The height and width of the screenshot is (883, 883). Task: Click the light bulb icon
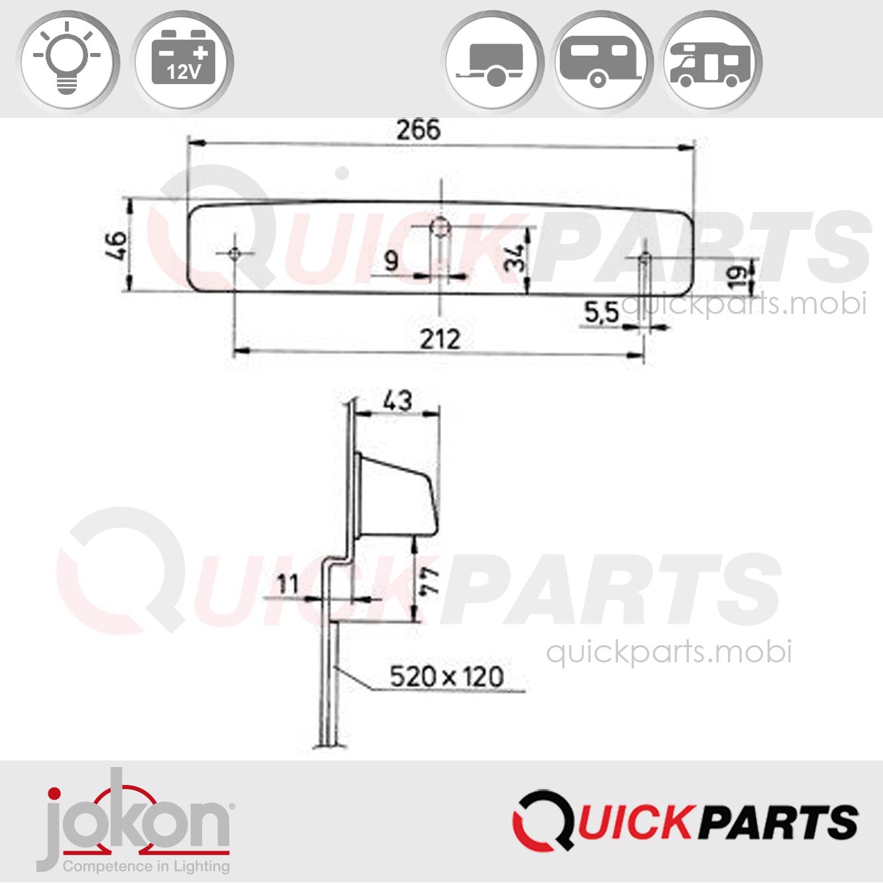click(x=67, y=60)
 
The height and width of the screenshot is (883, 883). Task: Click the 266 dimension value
click(x=417, y=130)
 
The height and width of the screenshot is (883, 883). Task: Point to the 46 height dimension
click(x=117, y=245)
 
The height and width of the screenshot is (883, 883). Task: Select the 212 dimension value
click(x=440, y=339)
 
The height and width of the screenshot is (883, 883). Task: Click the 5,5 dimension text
click(x=601, y=312)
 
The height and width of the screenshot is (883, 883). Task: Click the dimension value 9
click(x=391, y=261)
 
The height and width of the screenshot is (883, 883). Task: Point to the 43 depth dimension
click(x=397, y=400)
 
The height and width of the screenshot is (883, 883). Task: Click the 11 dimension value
click(x=287, y=584)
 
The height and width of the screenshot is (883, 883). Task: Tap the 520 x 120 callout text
click(x=446, y=677)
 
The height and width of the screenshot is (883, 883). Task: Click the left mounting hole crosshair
click(x=234, y=254)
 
